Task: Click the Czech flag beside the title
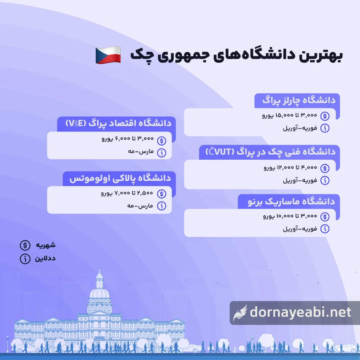tap(108, 56)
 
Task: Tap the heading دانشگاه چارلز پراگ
tap(299, 101)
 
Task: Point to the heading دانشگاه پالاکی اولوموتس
tap(120, 178)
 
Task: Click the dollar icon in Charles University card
tap(325, 115)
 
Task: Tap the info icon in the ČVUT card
tap(325, 180)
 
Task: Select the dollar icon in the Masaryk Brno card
tap(325, 216)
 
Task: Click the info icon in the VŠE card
tap(161, 153)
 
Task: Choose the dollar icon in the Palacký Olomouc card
tap(161, 193)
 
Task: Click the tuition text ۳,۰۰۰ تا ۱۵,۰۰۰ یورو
tap(290, 115)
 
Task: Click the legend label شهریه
tap(46, 244)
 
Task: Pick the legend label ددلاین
tap(45, 259)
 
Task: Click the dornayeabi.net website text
tap(300, 312)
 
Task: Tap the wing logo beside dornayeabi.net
tap(240, 312)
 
